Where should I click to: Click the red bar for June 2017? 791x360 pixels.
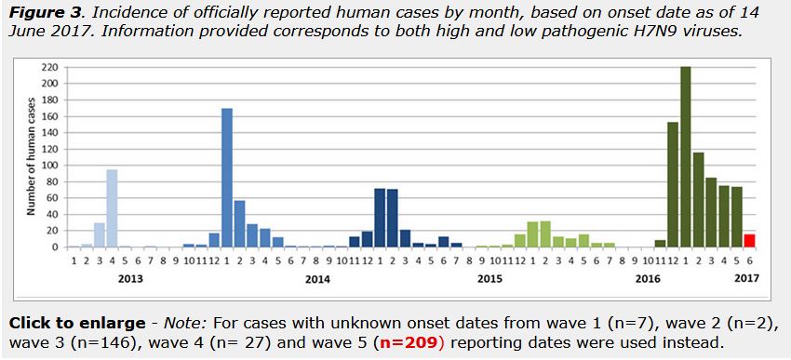tap(749, 240)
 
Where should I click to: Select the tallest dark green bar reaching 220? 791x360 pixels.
tap(685, 156)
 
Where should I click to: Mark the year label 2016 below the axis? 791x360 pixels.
tap(648, 277)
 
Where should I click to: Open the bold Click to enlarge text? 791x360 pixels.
tap(76, 323)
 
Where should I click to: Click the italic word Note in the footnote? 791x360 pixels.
tap(184, 323)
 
